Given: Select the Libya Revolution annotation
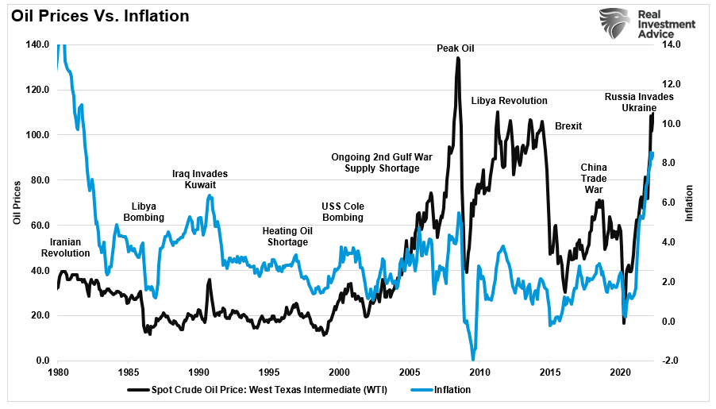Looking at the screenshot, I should pos(509,101).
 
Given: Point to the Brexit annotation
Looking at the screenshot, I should pos(568,126).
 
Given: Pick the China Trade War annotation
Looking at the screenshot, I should pos(594,179).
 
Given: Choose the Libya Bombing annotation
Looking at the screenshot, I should pos(144,211).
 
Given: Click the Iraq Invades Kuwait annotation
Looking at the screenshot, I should pos(200,179).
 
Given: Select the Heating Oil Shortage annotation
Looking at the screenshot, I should pos(287,237).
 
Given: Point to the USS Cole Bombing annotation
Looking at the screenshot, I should pos(342,212).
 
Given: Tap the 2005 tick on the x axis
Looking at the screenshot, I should pos(409,372).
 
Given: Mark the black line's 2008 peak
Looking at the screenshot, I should pos(458,58).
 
